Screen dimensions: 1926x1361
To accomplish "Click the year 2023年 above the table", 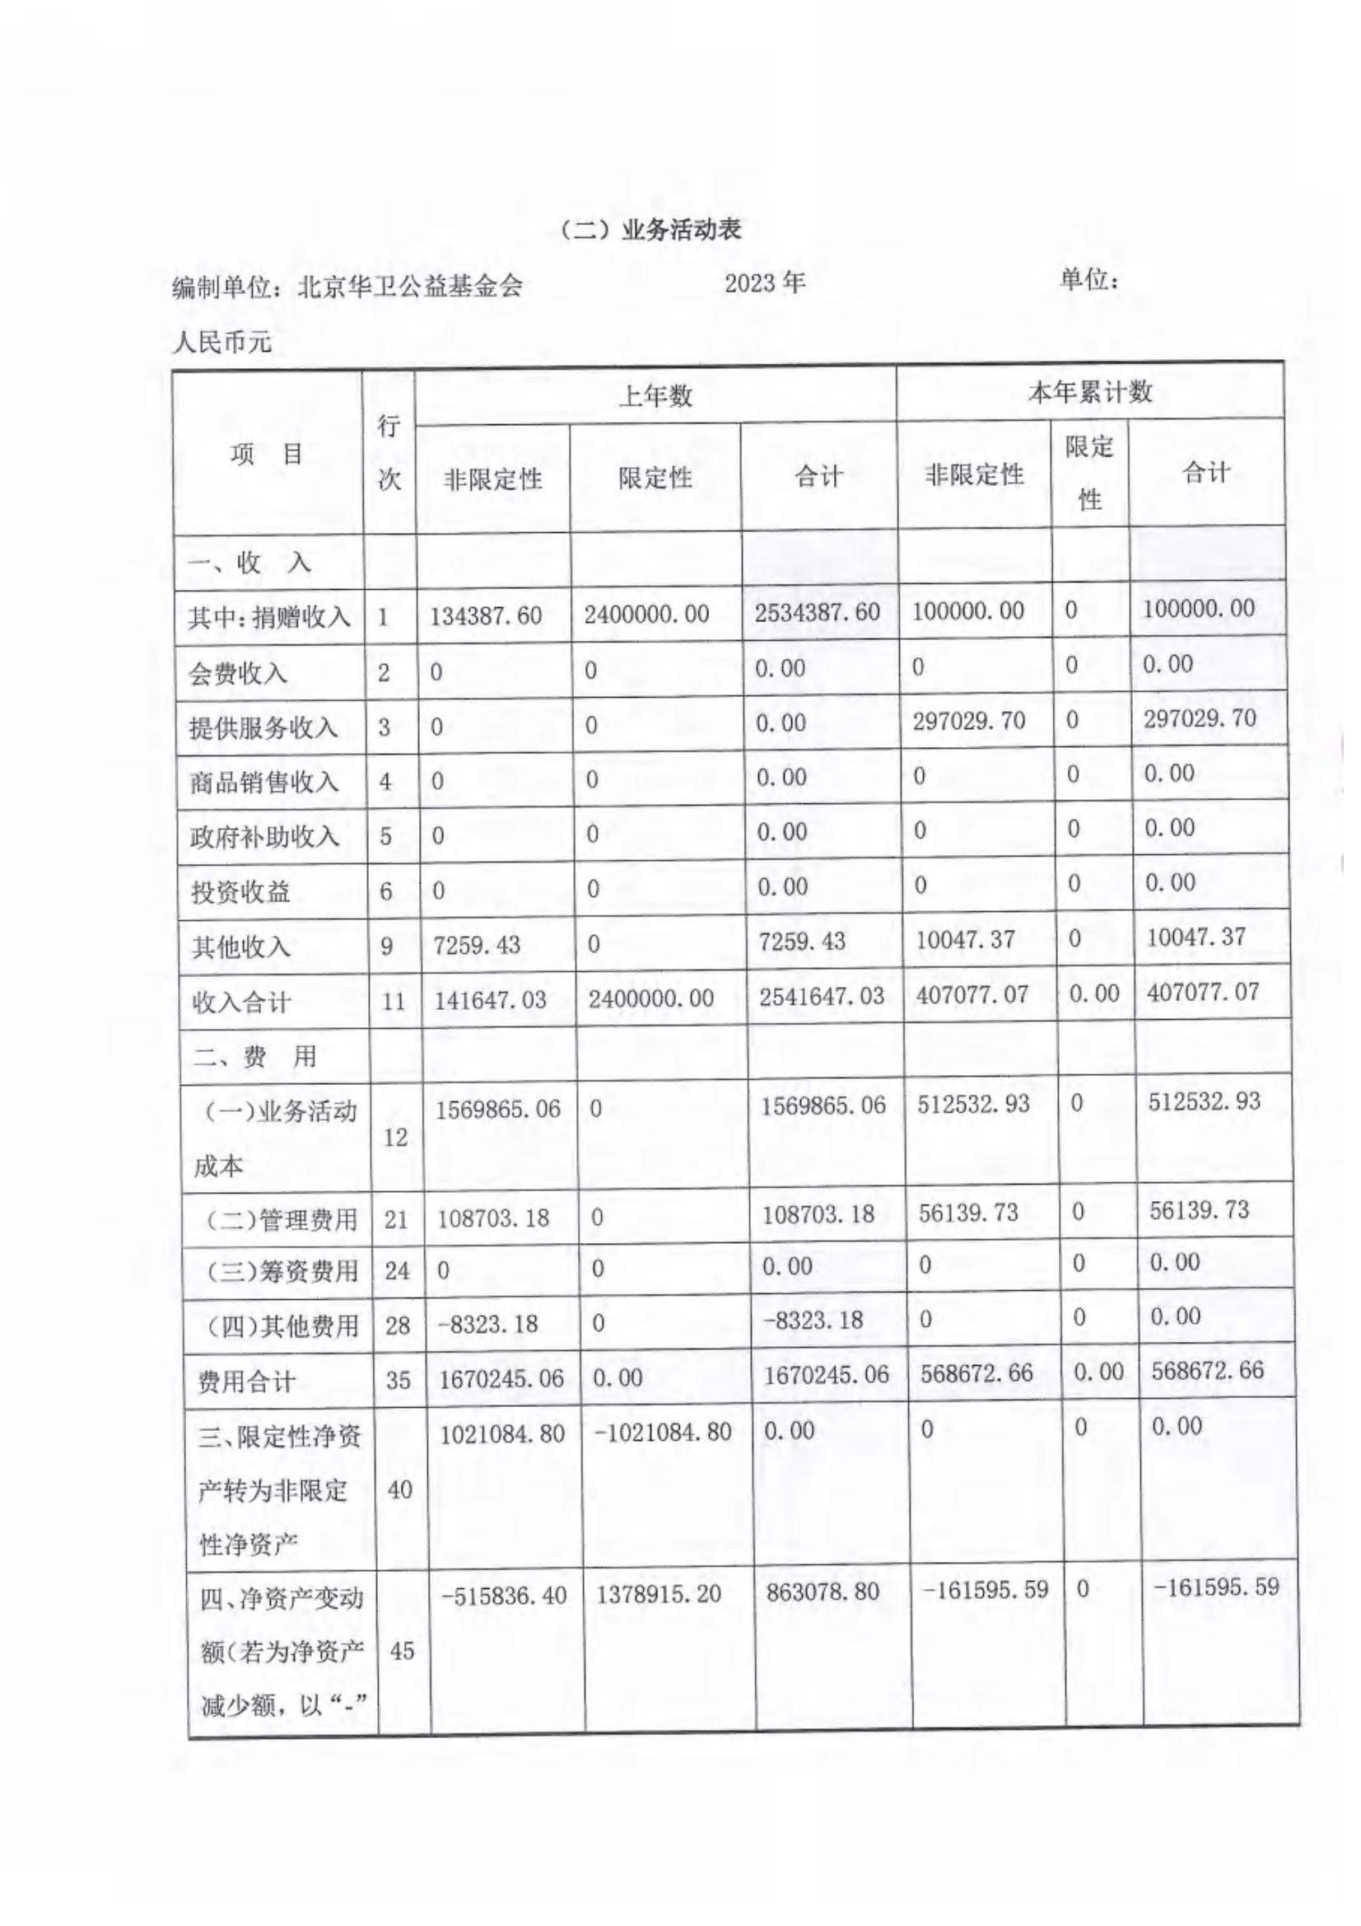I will [764, 283].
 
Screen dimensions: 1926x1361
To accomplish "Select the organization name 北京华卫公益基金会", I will [410, 287].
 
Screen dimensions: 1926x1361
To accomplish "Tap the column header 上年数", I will [655, 395].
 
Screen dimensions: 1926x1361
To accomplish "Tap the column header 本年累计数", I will [1089, 392].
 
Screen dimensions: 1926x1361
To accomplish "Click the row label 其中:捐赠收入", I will [269, 617].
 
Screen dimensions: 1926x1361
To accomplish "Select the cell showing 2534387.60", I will [817, 612].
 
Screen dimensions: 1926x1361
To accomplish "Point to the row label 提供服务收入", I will [263, 727].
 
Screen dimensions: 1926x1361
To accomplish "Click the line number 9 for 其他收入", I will [387, 947].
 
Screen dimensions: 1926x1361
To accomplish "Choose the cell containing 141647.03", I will [491, 1000].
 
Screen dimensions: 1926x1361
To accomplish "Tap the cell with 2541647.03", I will [822, 996].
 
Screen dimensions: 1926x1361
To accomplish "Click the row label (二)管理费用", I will [281, 1219].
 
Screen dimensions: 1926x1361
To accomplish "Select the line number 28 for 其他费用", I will [398, 1325].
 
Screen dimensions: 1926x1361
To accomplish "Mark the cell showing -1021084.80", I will [663, 1432].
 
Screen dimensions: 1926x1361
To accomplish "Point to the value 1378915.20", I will [659, 1594].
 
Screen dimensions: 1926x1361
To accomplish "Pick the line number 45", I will [402, 1651].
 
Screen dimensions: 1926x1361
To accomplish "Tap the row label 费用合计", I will [245, 1381].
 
